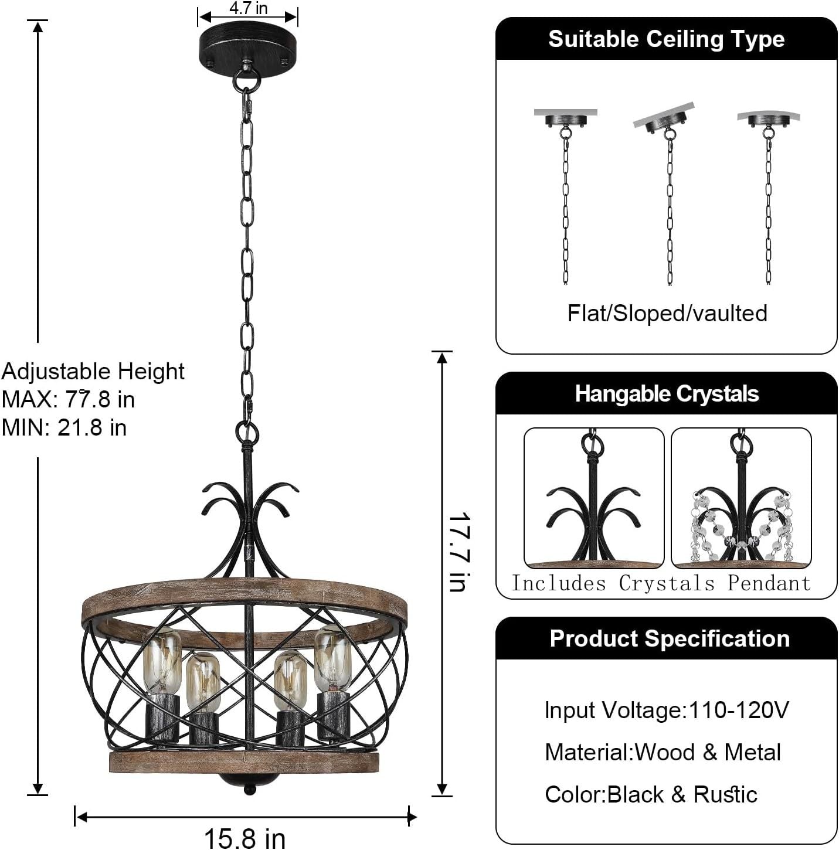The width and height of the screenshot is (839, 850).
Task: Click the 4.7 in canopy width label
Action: point(248,8)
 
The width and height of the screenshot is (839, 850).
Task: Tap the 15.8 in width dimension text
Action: point(244,838)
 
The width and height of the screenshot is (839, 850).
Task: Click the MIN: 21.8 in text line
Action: point(64,427)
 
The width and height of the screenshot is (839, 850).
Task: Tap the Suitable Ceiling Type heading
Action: point(666,39)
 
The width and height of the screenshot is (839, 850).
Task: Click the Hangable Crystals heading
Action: point(667,394)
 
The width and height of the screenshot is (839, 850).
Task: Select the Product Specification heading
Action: point(669,638)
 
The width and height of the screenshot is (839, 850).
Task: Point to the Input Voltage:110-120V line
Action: point(667,710)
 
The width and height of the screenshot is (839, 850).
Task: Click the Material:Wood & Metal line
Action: point(663,752)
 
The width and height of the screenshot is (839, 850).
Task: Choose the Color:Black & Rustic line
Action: point(651,794)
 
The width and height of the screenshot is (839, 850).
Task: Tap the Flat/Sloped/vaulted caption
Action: point(667,313)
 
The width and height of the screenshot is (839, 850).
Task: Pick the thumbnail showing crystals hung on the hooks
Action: point(741,498)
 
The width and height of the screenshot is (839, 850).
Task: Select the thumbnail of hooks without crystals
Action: point(593,498)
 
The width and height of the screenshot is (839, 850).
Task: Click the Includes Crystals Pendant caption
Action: point(661,583)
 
